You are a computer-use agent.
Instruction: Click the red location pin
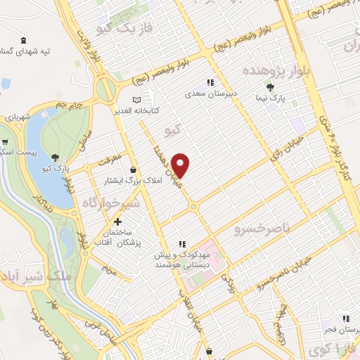(181, 165)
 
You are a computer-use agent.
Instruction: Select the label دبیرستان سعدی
(205, 92)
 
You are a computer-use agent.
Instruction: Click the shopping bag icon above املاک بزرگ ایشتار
(133, 169)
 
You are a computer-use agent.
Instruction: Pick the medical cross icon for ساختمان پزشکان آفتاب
(117, 222)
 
